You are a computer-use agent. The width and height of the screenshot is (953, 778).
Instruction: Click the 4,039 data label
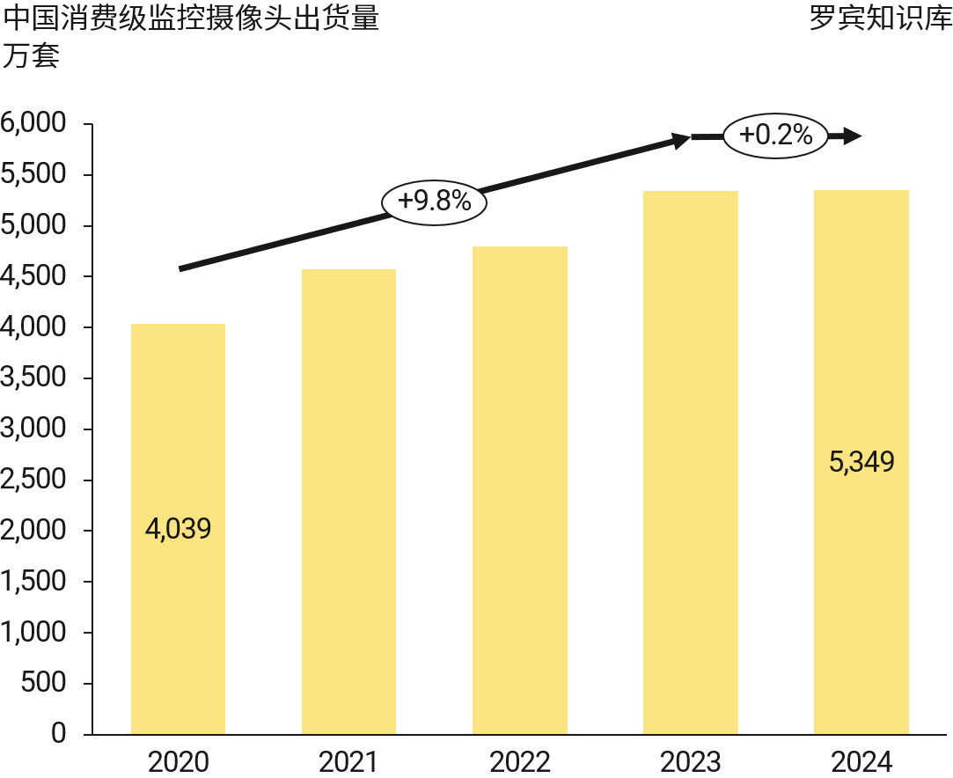(178, 529)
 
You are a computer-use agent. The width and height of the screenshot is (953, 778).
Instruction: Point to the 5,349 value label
(861, 462)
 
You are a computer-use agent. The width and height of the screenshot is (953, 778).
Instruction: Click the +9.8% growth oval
(435, 202)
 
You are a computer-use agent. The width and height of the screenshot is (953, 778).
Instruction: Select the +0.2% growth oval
(775, 136)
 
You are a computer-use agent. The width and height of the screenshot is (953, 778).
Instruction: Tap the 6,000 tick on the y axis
(34, 124)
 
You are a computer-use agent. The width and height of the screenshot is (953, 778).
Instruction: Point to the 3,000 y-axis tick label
(34, 429)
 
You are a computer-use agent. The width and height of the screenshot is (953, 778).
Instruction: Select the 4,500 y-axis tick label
(34, 276)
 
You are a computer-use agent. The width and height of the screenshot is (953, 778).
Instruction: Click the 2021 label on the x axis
(348, 761)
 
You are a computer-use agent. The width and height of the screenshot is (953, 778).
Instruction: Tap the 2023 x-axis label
(690, 761)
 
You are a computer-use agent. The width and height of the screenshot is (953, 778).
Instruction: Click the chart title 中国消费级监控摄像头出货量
(192, 18)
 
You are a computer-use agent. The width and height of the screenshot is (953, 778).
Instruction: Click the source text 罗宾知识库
(880, 18)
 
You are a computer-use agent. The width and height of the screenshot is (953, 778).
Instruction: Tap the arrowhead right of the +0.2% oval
(851, 136)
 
